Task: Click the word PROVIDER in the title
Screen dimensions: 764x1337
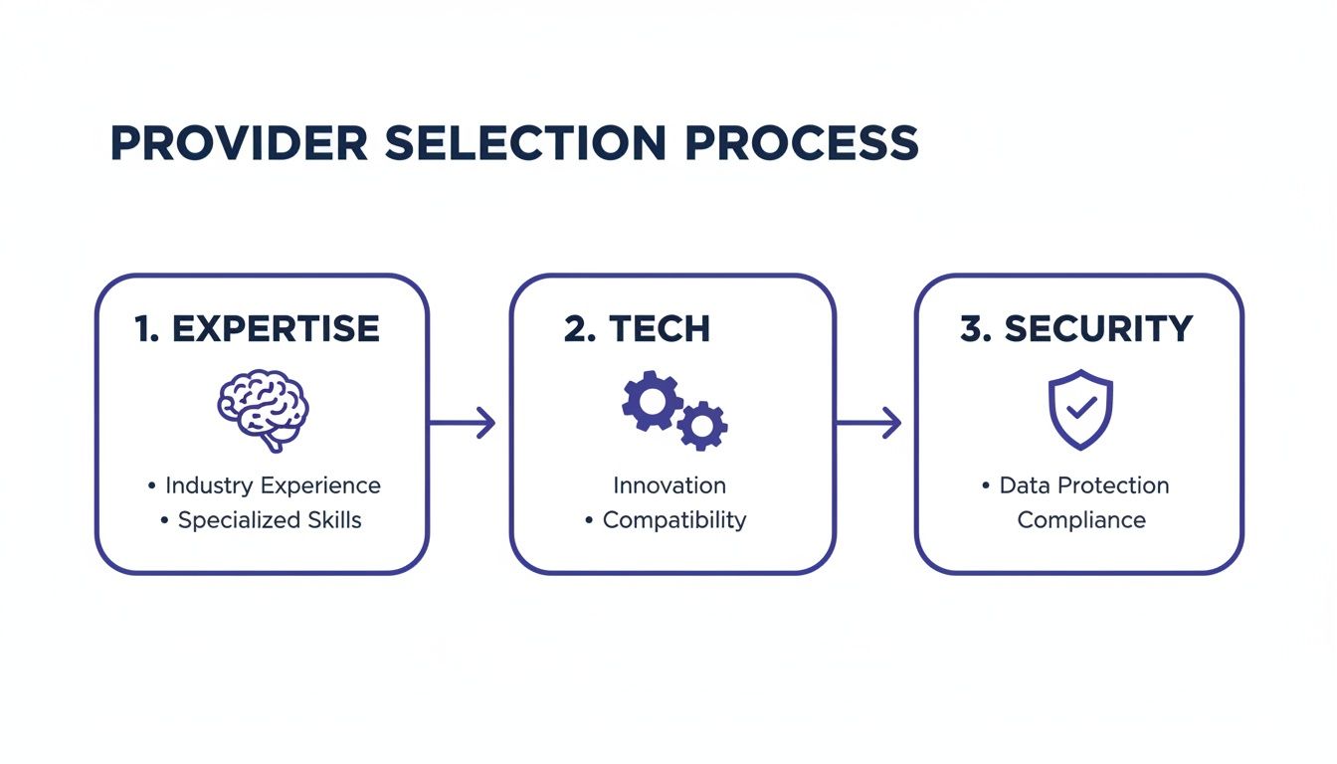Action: point(239,144)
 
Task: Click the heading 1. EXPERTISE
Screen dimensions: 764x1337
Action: point(257,329)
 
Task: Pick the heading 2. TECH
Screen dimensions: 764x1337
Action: point(637,329)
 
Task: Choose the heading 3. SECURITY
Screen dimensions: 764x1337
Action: point(1076,329)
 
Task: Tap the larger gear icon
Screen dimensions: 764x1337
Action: point(652,400)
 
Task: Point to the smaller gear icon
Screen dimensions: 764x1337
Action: point(702,426)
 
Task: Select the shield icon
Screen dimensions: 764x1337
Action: point(1080,409)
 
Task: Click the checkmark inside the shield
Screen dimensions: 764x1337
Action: point(1081,407)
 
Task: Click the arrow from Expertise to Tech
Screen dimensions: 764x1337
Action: point(464,423)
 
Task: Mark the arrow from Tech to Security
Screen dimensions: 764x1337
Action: point(869,423)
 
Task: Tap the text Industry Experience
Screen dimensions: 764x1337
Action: point(273,485)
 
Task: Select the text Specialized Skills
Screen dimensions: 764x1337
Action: point(270,520)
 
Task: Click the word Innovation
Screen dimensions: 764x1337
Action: point(669,485)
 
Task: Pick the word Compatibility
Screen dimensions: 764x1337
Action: point(674,520)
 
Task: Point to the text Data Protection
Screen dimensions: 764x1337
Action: point(1084,485)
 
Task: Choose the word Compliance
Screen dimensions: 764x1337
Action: point(1081,520)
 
